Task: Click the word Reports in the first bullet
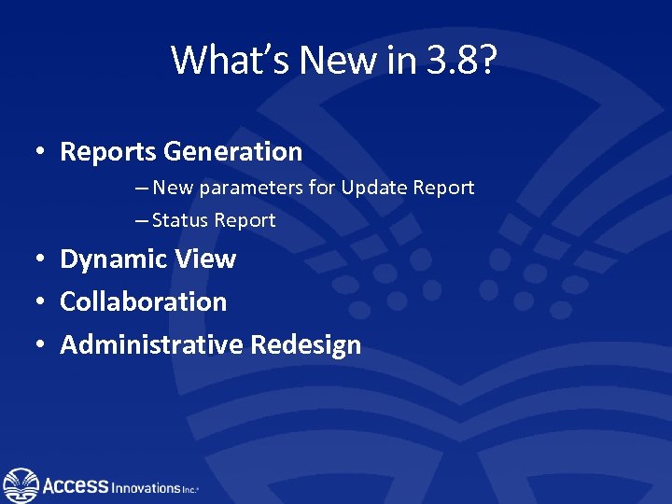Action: [107, 151]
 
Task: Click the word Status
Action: [180, 221]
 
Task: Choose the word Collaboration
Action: [144, 302]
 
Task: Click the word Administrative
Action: [151, 345]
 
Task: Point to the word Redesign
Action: [305, 345]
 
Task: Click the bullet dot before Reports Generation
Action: [42, 152]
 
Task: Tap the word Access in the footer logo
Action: [76, 485]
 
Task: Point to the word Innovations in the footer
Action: [147, 488]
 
